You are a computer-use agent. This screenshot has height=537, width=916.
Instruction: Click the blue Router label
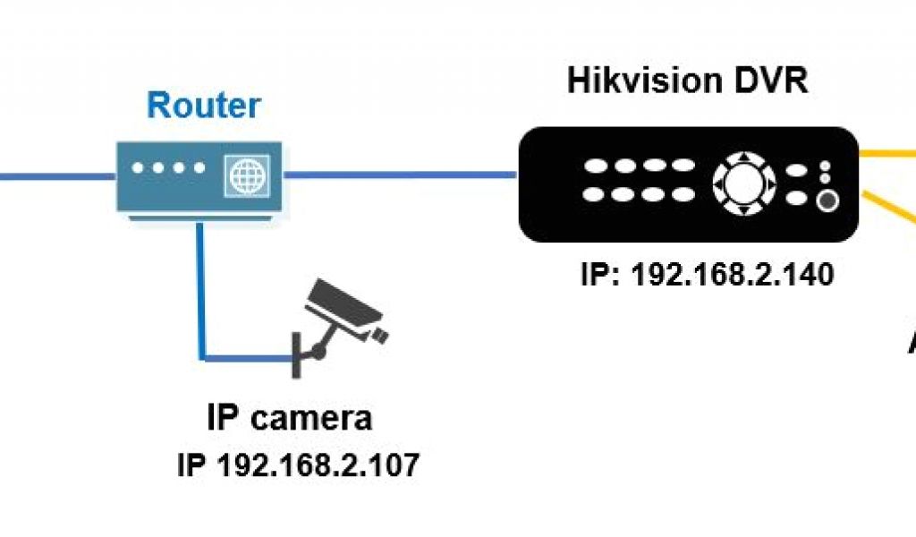[x=203, y=106]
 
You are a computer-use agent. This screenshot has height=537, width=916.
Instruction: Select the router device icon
[x=199, y=176]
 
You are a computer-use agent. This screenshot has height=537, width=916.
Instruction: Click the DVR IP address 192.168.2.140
[x=733, y=273]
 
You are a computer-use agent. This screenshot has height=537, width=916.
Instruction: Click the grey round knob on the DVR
[x=827, y=200]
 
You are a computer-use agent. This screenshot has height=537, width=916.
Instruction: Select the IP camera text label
[x=289, y=418]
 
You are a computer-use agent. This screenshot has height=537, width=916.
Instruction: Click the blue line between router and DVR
[x=400, y=174]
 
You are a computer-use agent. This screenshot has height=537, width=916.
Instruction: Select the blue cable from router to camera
[x=201, y=295]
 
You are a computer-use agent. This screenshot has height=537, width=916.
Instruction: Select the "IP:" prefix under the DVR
[x=602, y=273]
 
